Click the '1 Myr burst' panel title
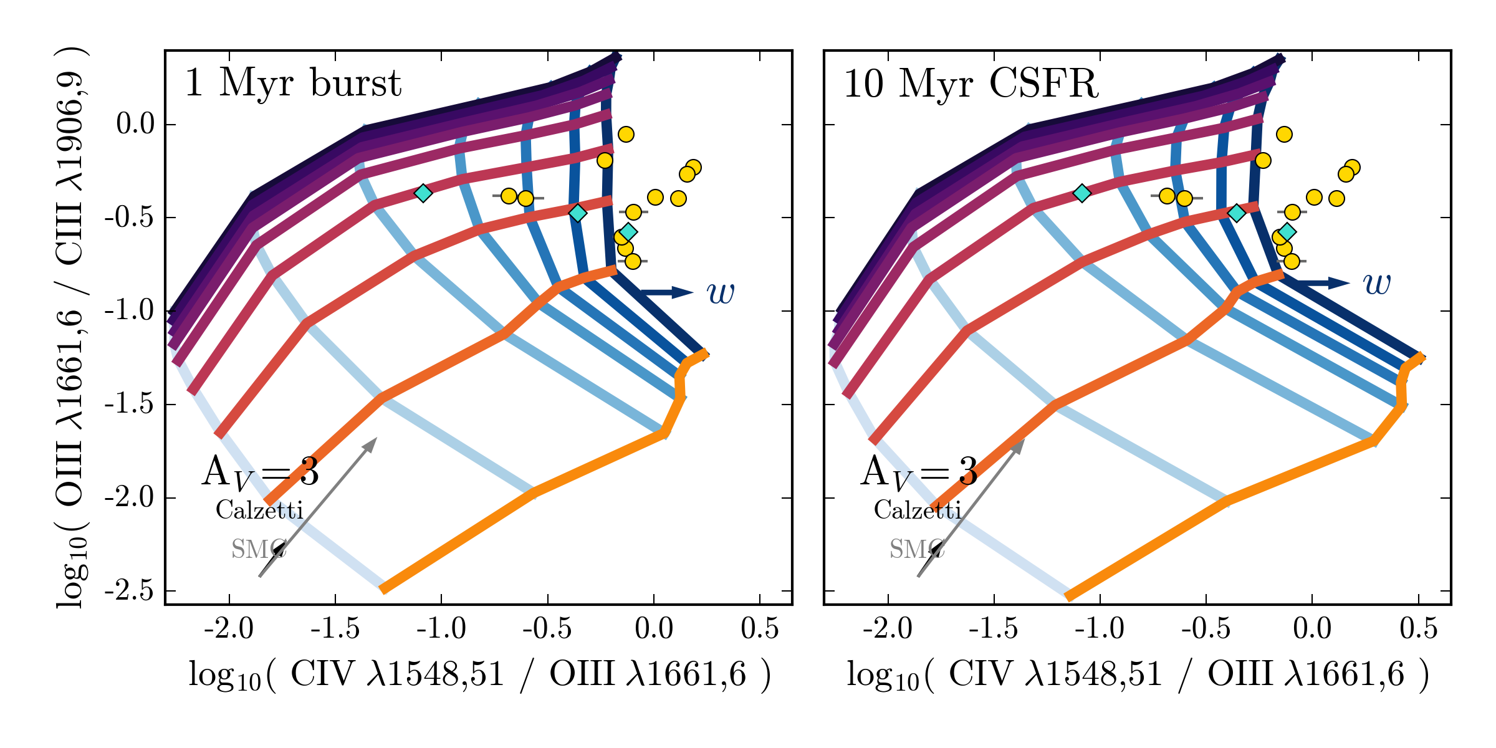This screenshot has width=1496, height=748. coord(293,83)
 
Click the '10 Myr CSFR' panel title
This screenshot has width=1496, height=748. coord(971,83)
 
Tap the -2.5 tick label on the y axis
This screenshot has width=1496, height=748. coord(130,590)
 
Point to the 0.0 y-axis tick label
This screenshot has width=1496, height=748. coord(135,124)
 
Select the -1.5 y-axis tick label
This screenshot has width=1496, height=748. coord(130,404)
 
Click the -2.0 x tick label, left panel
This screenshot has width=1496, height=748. coord(229,628)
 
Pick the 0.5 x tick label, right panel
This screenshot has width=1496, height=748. coord(1418,628)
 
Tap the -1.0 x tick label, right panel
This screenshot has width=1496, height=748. coord(1100,628)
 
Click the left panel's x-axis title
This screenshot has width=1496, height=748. coord(479,675)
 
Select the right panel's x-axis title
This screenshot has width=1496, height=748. coord(1138,675)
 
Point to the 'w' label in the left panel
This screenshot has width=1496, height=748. coord(721,292)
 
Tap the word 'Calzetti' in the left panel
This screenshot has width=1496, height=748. coord(259,510)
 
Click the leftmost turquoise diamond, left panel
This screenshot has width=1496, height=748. coord(423,193)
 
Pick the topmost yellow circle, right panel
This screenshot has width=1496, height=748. coord(1284,134)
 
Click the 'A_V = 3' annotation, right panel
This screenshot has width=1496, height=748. coord(919,472)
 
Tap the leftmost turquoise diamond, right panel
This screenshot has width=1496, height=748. coord(1082,193)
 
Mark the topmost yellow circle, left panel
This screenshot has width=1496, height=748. coord(626,134)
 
